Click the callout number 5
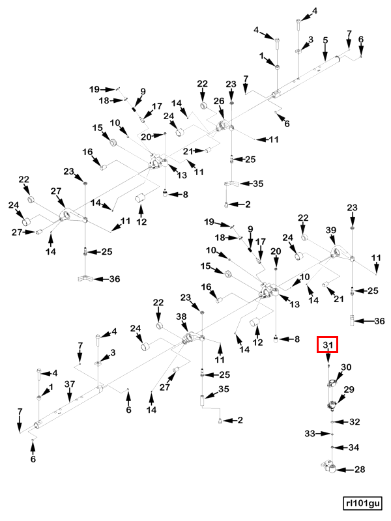[325, 40]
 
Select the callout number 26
[219, 101]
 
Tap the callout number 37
[70, 384]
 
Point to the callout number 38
[181, 317]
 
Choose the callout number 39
[331, 231]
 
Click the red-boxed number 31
[328, 345]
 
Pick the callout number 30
[346, 367]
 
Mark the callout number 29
[349, 389]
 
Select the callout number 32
[355, 421]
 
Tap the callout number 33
[310, 434]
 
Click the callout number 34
[354, 447]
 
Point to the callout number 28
[360, 469]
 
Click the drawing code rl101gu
[363, 503]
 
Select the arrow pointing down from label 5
[325, 53]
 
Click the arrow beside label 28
[345, 470]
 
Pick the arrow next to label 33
[324, 434]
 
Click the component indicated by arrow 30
[332, 383]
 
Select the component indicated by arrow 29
[332, 406]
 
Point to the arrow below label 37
[69, 395]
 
